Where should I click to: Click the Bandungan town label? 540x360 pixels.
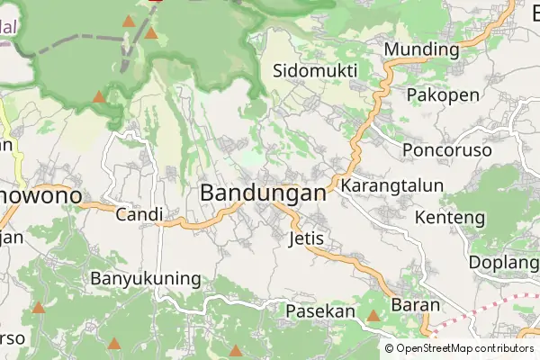tap(263, 193)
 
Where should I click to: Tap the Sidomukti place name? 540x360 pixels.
tap(315, 70)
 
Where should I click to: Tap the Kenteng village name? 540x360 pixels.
tap(450, 217)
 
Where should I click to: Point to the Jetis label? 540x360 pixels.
tap(306, 239)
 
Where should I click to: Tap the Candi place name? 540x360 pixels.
tap(139, 214)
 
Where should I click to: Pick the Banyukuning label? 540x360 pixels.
tap(146, 278)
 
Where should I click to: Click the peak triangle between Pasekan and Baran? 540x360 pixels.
tap(373, 316)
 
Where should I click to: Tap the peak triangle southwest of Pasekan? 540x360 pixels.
tap(235, 351)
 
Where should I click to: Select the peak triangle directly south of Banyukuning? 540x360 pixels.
tap(114, 343)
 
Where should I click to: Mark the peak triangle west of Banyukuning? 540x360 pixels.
tap(38, 308)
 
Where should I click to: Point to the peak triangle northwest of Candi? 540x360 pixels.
tap(98, 95)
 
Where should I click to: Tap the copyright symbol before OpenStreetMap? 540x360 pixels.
tap(390, 348)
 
